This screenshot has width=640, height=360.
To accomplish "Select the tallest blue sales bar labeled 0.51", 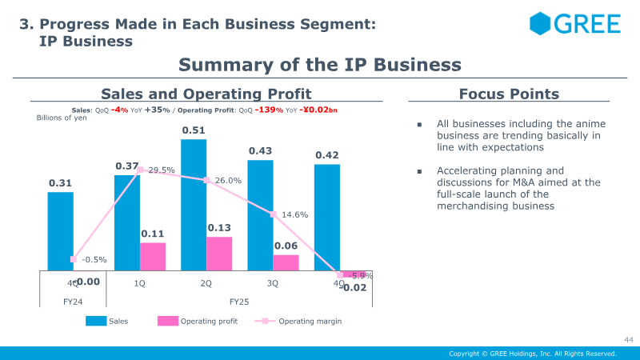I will pos(194,204).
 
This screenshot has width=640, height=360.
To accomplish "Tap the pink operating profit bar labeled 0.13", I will pos(219,253).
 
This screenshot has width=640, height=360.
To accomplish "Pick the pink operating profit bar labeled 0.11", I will pos(153,256).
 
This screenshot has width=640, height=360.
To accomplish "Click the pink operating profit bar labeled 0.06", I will pos(286,262).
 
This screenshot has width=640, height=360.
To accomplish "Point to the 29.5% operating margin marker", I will pos(141,170).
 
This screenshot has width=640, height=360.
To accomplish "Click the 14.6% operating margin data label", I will pos(295,214).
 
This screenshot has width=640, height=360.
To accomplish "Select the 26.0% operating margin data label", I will pos(229,181).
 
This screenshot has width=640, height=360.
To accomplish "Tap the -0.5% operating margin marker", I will pos(74,259).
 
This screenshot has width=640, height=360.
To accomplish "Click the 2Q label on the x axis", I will pos(206,283).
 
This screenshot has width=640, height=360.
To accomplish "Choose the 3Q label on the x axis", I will pos(273,283).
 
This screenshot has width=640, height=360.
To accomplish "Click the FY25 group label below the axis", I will pos(240,302).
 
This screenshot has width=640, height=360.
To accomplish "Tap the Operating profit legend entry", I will pos(206,321).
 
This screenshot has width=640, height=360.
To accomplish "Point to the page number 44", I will pos(628,340).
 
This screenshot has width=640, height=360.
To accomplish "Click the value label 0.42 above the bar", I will pos(326,155).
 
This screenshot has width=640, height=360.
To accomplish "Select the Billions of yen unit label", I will pos(62,118).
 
